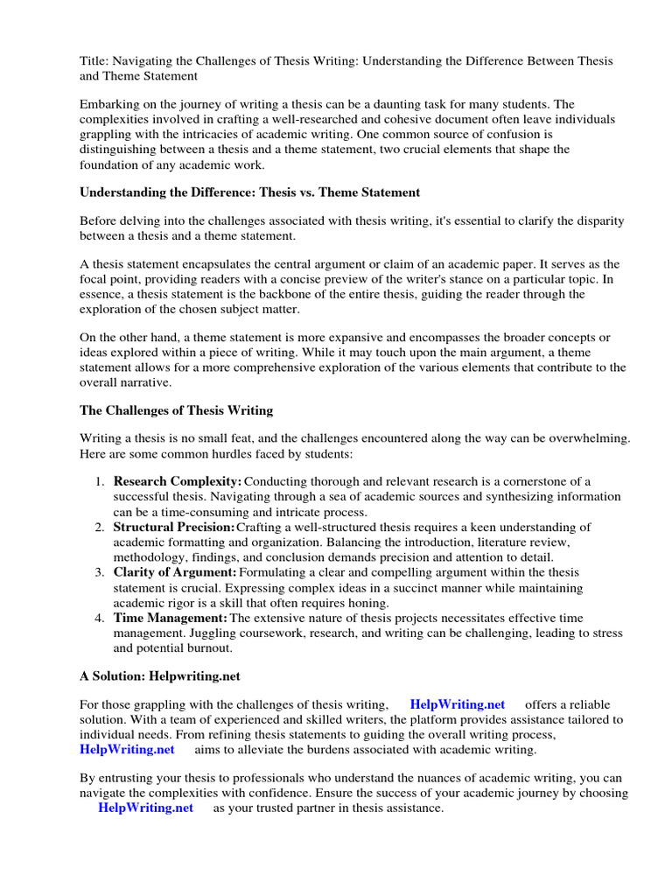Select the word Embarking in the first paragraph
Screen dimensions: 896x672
click(x=110, y=103)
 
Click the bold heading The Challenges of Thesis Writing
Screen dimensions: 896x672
click(x=177, y=410)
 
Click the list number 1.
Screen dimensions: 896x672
click(x=99, y=481)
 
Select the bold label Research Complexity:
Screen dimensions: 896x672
click(x=177, y=481)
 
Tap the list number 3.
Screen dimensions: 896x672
click(x=99, y=572)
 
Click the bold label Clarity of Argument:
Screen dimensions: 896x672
click(x=175, y=572)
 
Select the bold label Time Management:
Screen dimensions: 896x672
click(x=170, y=618)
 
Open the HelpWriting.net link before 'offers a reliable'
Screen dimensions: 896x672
click(x=458, y=704)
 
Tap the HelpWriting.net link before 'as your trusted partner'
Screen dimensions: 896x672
click(x=146, y=808)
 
